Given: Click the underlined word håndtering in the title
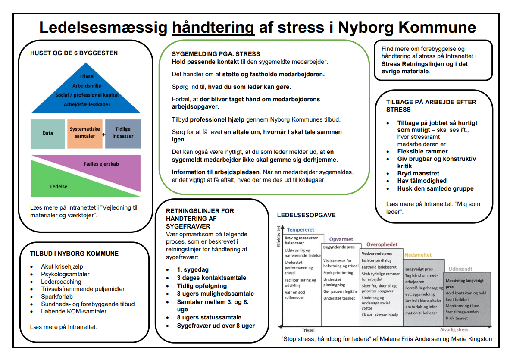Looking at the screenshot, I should coord(213,28).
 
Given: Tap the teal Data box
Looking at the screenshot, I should coord(48,134).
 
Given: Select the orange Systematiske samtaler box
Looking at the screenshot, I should coord(85,133).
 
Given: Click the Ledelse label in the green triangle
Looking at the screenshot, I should coord(59,187).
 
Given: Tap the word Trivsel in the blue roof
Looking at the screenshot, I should coord(87,76).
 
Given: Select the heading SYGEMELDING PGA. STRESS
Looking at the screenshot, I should coord(216,54).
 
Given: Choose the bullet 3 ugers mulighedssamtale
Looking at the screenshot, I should coord(215,294).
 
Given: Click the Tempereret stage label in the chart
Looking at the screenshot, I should coord(300,230).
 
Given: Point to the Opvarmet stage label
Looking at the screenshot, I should coord(341,239).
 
